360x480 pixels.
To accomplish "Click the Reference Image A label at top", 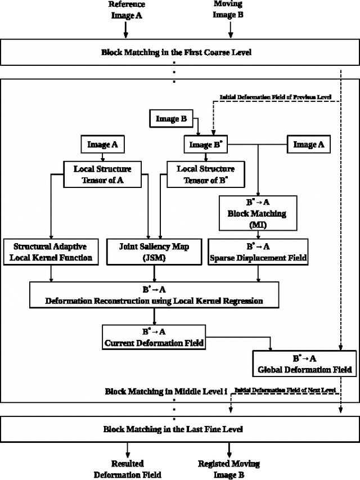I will pyautogui.click(x=126, y=11).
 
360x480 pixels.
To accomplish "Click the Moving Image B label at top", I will pyautogui.click(x=228, y=11).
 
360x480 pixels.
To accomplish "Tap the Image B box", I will pyautogui.click(x=172, y=119).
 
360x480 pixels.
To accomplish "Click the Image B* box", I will pyautogui.click(x=205, y=145).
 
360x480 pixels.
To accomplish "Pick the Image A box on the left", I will pyautogui.click(x=102, y=145).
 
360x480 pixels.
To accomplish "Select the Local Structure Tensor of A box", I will pyautogui.click(x=102, y=174).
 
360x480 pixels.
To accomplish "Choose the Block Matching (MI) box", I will pyautogui.click(x=257, y=213).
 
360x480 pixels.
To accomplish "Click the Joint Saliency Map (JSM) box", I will pyautogui.click(x=154, y=252).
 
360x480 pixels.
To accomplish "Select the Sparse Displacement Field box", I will pyautogui.click(x=257, y=252).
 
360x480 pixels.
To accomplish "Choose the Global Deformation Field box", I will pyautogui.click(x=304, y=364).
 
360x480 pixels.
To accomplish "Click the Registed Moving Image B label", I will pyautogui.click(x=229, y=469).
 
